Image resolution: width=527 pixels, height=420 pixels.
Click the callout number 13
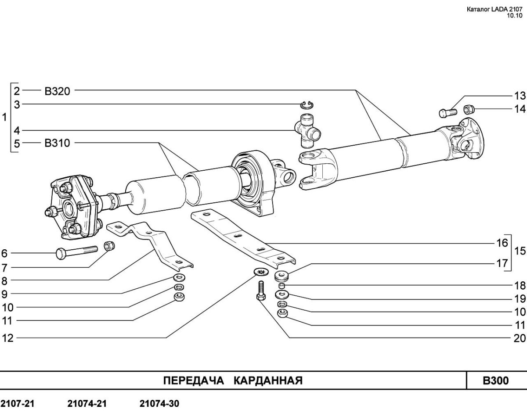[x=520, y=96]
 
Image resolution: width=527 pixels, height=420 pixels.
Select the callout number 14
[x=520, y=109]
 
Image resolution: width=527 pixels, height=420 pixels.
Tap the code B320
[x=57, y=91]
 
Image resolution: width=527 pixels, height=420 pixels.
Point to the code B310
[x=57, y=143]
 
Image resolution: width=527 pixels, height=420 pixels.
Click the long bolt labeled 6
[x=77, y=252]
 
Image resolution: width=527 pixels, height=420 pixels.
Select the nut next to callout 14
[x=469, y=108]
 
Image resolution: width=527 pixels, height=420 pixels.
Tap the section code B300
[x=496, y=380]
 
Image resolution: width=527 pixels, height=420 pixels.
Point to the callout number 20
[x=520, y=338]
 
